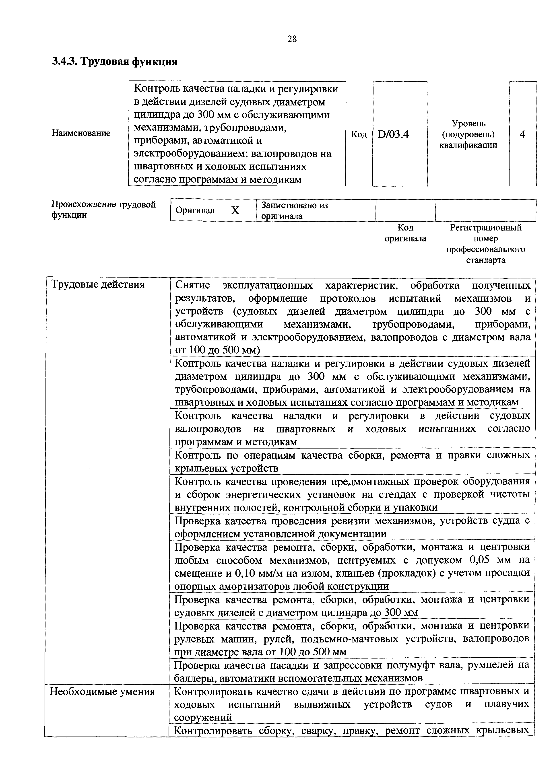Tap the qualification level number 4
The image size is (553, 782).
coord(522,135)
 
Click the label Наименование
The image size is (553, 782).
coord(81,133)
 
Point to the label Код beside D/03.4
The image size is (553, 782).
coord(359,135)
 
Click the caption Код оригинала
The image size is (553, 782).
coord(405,233)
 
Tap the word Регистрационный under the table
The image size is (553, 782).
coord(485,228)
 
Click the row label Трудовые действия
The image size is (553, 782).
coord(98,284)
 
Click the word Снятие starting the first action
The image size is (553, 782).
coord(192,285)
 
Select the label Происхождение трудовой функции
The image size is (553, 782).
coord(103,210)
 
